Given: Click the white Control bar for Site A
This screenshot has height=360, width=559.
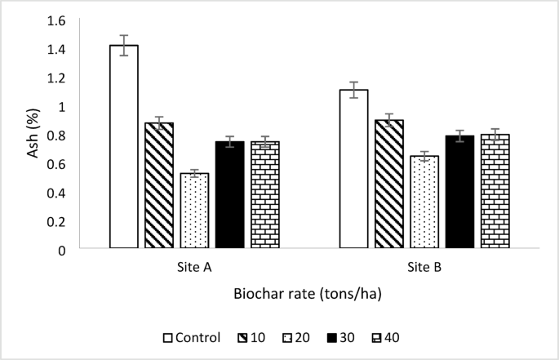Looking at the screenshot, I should [124, 147].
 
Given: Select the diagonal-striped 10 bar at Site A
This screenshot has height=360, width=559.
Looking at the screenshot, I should [159, 185].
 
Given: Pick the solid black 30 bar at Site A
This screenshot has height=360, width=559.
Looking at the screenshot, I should [229, 195].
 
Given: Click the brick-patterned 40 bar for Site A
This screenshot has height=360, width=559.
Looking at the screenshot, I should [264, 195].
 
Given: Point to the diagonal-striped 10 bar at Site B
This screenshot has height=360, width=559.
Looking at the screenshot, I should [389, 184].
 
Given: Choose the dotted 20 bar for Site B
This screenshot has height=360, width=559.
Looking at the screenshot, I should [424, 202].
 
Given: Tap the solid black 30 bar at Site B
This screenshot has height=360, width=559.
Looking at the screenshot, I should [459, 192].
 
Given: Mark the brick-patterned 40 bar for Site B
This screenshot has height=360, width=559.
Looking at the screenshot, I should [495, 191].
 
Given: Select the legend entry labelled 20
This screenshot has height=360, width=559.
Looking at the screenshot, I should [296, 336].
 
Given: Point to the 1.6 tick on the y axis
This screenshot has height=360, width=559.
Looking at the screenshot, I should [56, 20].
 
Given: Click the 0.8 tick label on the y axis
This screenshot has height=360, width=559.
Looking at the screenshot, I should [56, 136].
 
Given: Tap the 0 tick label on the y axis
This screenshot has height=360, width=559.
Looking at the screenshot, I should [61, 250].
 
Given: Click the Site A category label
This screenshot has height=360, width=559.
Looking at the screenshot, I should [194, 267].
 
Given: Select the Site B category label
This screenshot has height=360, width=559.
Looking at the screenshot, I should [424, 267].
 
